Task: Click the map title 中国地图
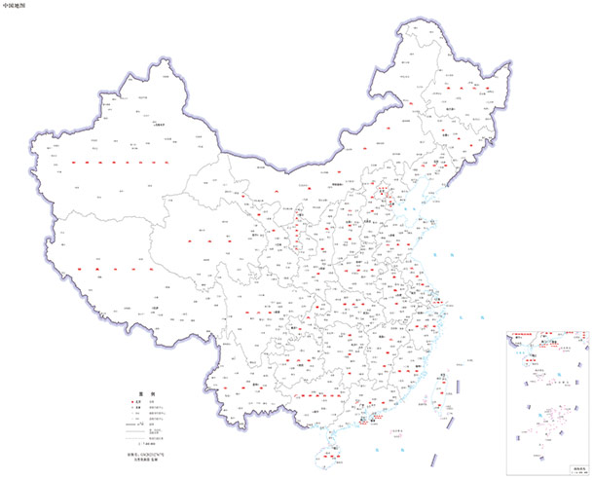(x=15, y=5)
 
